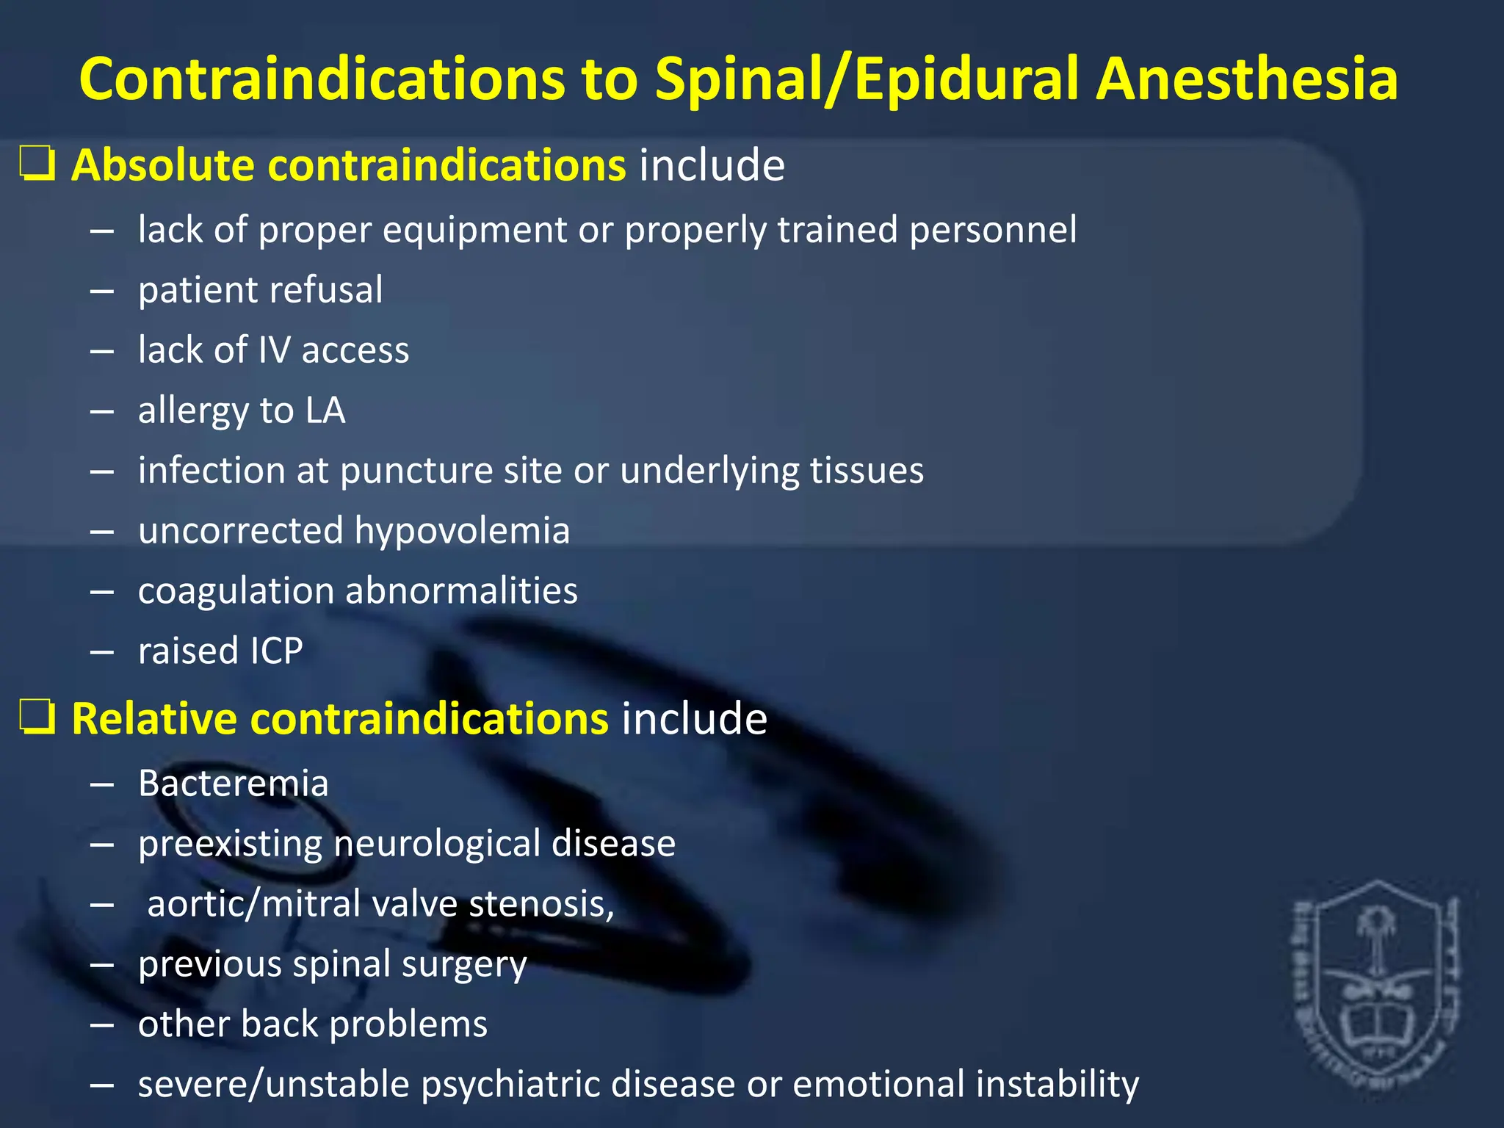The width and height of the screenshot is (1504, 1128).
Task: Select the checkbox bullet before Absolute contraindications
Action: pos(37,164)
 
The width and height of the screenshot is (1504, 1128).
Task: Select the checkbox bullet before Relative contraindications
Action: pos(37,717)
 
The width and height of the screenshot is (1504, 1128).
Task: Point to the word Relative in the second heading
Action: pos(154,717)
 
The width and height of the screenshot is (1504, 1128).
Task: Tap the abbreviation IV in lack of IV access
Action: pos(275,350)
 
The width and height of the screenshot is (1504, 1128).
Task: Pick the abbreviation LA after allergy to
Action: pos(325,410)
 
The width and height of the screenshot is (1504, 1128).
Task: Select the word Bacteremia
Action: pos(234,783)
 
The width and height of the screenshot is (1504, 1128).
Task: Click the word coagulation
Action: pos(236,590)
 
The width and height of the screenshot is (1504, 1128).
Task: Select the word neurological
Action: pos(437,843)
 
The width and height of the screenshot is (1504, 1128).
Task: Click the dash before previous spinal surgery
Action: pos(102,964)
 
